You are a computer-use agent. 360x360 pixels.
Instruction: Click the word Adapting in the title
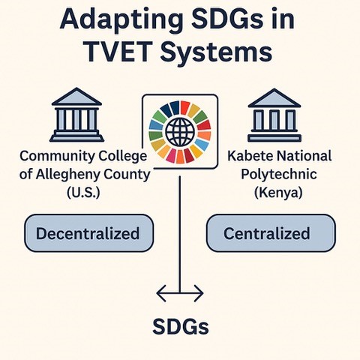coord(121,20)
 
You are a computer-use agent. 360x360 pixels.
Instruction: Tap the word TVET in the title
coord(118,52)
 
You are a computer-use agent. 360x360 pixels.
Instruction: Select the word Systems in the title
coord(216,53)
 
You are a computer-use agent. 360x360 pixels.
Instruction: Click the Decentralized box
coord(88,233)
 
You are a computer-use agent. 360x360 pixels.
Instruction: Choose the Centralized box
coord(271,233)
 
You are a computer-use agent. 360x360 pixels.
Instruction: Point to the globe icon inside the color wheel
coord(180,132)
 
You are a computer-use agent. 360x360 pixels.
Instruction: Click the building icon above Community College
coord(76,115)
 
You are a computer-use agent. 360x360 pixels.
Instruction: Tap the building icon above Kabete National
coord(274,115)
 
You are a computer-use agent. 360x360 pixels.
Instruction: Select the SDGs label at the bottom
coord(181,326)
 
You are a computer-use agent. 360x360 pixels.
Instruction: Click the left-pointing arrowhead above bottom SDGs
coord(161,292)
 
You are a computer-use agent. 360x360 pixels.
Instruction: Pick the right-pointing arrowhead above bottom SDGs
coord(199,292)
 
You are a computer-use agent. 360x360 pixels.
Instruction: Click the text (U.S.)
coord(83,192)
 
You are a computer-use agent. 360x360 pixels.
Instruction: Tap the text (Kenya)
coord(278,193)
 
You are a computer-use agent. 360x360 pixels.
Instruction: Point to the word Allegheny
coord(67,175)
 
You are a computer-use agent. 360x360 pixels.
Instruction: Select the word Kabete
coord(250,156)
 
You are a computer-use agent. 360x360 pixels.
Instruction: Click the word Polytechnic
coord(279,175)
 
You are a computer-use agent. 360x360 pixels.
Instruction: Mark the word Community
coord(56,157)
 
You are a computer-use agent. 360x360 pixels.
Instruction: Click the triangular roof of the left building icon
coord(76,96)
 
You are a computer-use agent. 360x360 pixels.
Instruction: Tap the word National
coord(304,156)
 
